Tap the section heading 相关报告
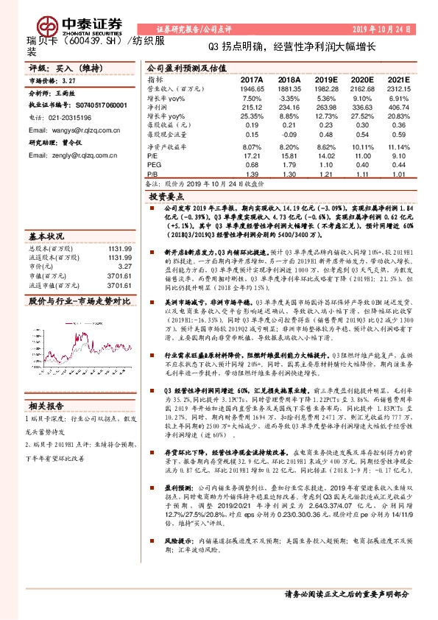(46, 406)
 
